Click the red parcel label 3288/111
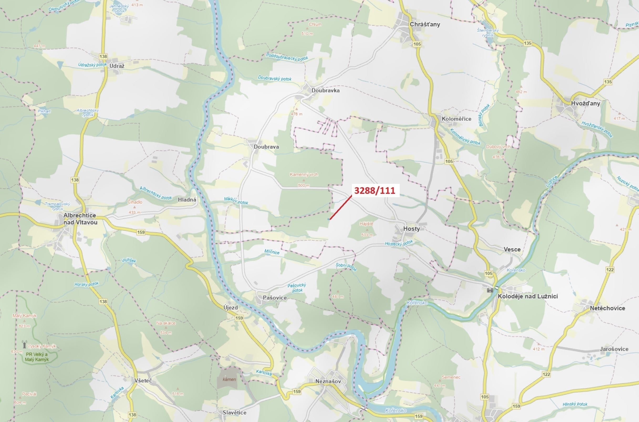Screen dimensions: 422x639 click(375, 191)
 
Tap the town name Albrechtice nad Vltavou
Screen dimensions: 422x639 click(80, 219)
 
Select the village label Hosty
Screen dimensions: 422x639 click(411, 229)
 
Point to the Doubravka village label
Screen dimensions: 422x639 click(325, 90)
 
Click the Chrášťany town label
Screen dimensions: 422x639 click(425, 24)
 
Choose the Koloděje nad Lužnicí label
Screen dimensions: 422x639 click(528, 296)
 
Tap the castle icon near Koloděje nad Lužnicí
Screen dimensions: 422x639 click(490, 290)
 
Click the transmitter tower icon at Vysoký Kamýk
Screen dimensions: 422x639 click(24, 344)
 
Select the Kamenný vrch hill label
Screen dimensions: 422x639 click(304, 174)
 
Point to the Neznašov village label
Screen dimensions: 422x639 click(328, 381)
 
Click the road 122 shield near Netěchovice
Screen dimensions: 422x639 click(610, 270)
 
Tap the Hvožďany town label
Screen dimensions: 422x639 click(585, 103)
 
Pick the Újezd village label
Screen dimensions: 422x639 click(231, 308)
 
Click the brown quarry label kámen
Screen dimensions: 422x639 click(229, 379)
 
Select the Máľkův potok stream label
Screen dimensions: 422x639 click(236, 201)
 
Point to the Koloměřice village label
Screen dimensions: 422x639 click(456, 119)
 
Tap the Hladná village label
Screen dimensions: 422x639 click(187, 200)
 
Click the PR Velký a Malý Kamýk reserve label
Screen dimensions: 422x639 click(37, 357)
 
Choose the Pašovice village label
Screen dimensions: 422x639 click(274, 298)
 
